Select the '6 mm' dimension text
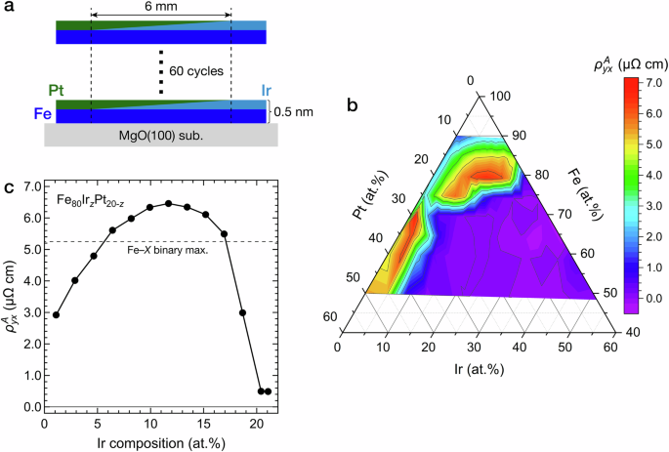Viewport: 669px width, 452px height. pyautogui.click(x=160, y=7)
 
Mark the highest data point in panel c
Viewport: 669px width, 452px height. pyautogui.click(x=169, y=203)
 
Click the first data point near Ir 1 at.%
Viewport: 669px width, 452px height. pyautogui.click(x=57, y=314)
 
